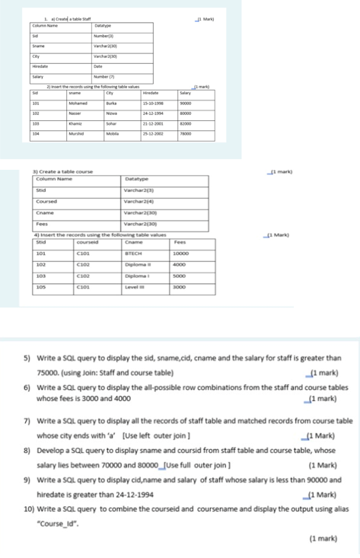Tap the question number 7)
[x=27, y=420]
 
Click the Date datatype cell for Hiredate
[x=97, y=67]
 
